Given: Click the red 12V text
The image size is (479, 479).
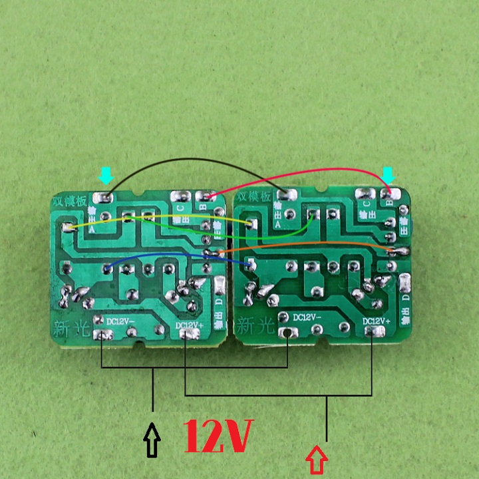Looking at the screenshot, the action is (x=218, y=436).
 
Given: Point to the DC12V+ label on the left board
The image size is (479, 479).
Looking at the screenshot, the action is (x=189, y=325).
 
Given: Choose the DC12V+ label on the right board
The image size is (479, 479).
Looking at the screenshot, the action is (x=377, y=321).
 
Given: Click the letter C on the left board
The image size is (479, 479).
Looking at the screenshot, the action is (x=180, y=208).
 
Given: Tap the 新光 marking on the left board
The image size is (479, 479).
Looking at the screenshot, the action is (x=69, y=326).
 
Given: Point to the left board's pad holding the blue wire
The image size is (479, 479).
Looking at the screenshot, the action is (x=107, y=269).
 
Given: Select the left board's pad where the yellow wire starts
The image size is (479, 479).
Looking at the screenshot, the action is (x=67, y=228).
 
